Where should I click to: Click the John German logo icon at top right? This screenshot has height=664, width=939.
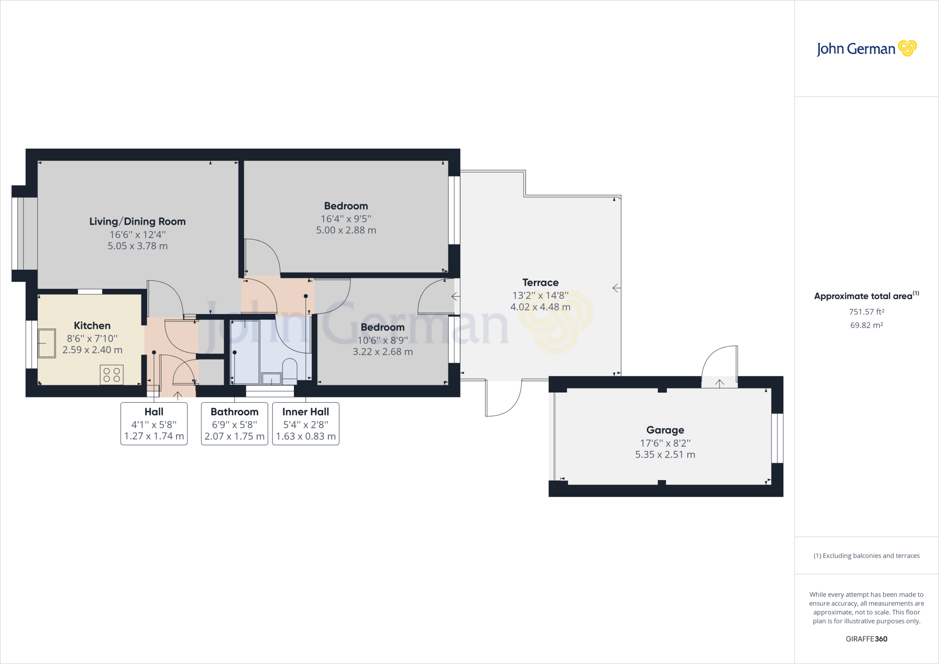coord(907,48)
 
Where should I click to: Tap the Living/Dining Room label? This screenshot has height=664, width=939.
coord(138,221)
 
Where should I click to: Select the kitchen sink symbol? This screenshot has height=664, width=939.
coord(47,343)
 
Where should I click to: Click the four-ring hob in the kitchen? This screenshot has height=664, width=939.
coord(111,375)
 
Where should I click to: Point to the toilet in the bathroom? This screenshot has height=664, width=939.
coord(290,371)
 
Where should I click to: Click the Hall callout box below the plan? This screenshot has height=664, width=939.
coord(154,424)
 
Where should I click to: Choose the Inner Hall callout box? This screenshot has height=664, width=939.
coord(306,424)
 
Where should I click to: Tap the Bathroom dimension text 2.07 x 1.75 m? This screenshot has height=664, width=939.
coord(234,437)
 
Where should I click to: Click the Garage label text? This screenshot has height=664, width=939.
coord(665,430)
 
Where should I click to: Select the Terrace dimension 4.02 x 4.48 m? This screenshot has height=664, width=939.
coord(540,307)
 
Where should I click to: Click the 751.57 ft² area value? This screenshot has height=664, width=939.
coord(866,312)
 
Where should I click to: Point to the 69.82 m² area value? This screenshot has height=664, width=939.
coord(866,325)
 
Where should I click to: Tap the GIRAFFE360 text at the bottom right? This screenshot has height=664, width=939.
coord(866,639)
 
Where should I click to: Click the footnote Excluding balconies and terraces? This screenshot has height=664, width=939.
coord(866,556)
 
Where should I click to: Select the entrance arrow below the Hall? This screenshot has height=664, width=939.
coord(177,395)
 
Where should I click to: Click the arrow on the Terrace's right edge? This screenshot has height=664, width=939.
coord(617,288)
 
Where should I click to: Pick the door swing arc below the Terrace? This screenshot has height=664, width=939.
coord(504,399)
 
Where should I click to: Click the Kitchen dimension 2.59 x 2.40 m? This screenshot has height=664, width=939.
coord(92,350)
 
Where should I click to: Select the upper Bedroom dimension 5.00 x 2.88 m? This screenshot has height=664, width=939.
coord(346,230)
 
